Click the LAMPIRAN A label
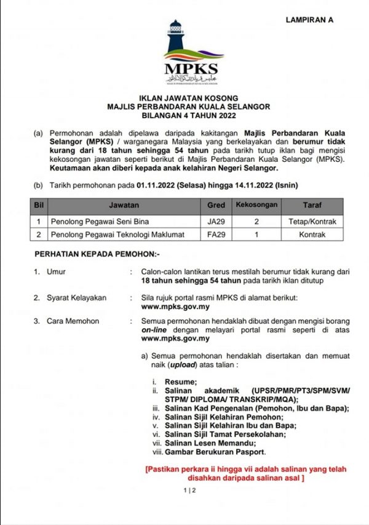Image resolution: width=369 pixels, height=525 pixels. [309, 20]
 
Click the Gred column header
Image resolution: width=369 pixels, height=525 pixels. [216, 204]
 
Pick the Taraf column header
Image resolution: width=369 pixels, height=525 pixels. [312, 204]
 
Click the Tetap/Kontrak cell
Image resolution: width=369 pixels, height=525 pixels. [312, 220]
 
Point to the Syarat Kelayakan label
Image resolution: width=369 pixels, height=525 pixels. [77, 297]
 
